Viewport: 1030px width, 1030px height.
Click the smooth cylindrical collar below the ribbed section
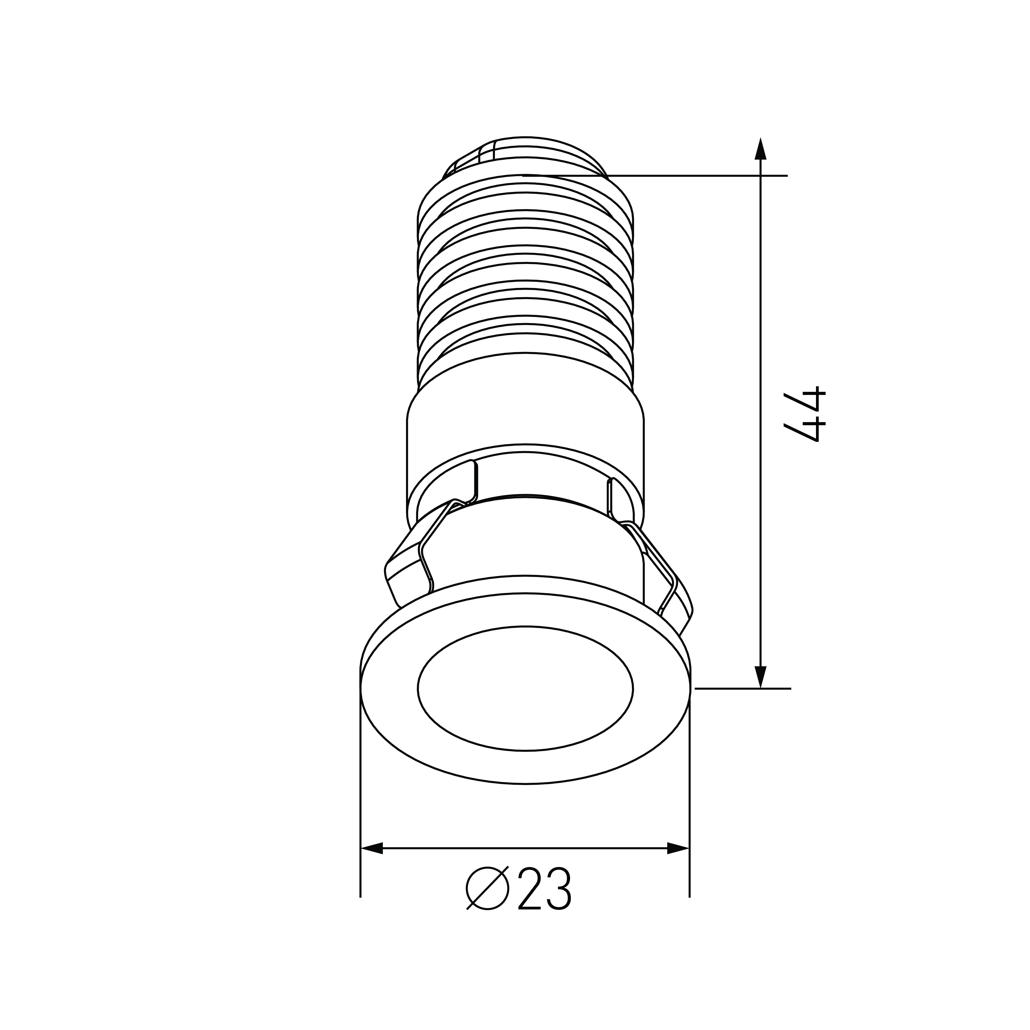click(x=525, y=421)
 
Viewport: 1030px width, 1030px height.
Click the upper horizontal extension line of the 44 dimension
click(x=693, y=175)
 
